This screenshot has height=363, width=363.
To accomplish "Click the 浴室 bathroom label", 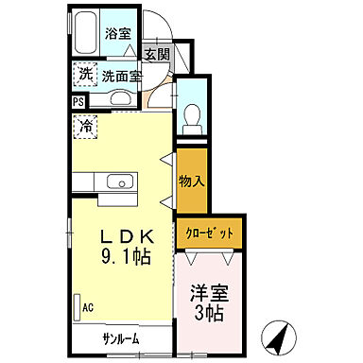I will (x=118, y=33).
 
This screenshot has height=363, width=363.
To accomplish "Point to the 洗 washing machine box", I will (x=85, y=75).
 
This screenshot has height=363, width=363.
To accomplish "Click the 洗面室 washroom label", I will (x=121, y=76).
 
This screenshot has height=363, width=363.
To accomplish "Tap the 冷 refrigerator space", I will (x=84, y=124).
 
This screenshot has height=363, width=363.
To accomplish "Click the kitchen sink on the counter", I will (x=119, y=182).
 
